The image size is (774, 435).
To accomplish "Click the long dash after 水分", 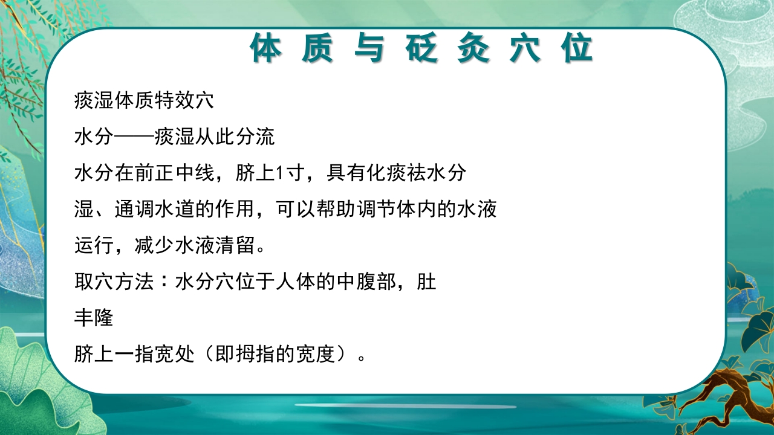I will click(134, 137).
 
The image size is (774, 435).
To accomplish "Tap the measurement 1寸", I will click(284, 173).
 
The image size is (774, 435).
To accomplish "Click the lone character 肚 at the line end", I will click(427, 282).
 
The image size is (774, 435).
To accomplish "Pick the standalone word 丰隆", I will click(94, 318).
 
